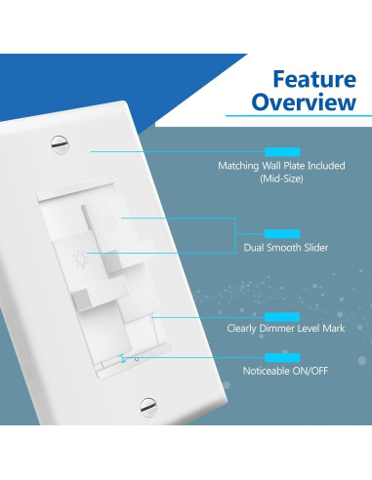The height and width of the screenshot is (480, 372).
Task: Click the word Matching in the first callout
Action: click(x=235, y=167)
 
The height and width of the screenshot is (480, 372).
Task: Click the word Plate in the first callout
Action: click(x=294, y=167)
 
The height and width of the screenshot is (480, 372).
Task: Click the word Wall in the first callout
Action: click(x=269, y=167)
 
